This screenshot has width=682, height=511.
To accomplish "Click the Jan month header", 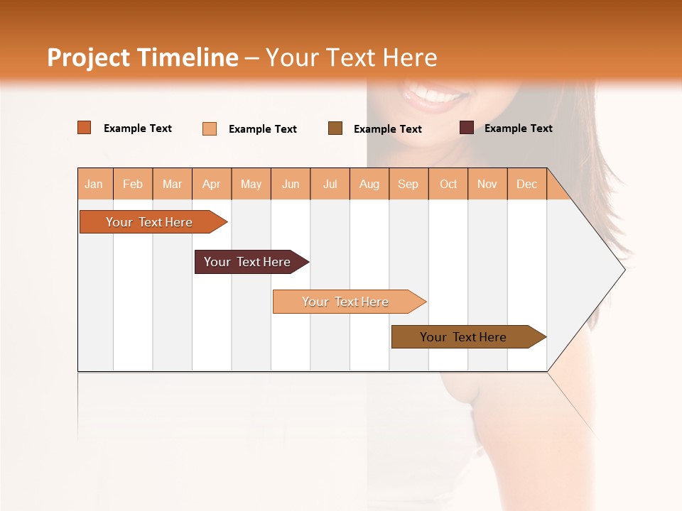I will coord(94,184).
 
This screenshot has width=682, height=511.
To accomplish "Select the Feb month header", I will coord(133,184).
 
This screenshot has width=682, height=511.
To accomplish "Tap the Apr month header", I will coord(211,184).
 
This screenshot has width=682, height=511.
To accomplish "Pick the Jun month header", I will coord(291,184).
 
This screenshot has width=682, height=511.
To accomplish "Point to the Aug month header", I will coord(369,184).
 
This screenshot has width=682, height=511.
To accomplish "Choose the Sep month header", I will coord(408,184).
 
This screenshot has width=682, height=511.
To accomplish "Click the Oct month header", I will coord(448,184).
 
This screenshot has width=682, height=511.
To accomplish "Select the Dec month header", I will coord(526,184).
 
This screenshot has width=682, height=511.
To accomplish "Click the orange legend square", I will coord(85,128).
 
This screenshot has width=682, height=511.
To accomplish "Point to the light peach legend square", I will coord(210,128).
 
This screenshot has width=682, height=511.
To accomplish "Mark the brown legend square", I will coord(335,128).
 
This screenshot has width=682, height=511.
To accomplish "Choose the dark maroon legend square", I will coord(466,128).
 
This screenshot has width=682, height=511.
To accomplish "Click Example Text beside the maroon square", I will coord(518,128).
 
